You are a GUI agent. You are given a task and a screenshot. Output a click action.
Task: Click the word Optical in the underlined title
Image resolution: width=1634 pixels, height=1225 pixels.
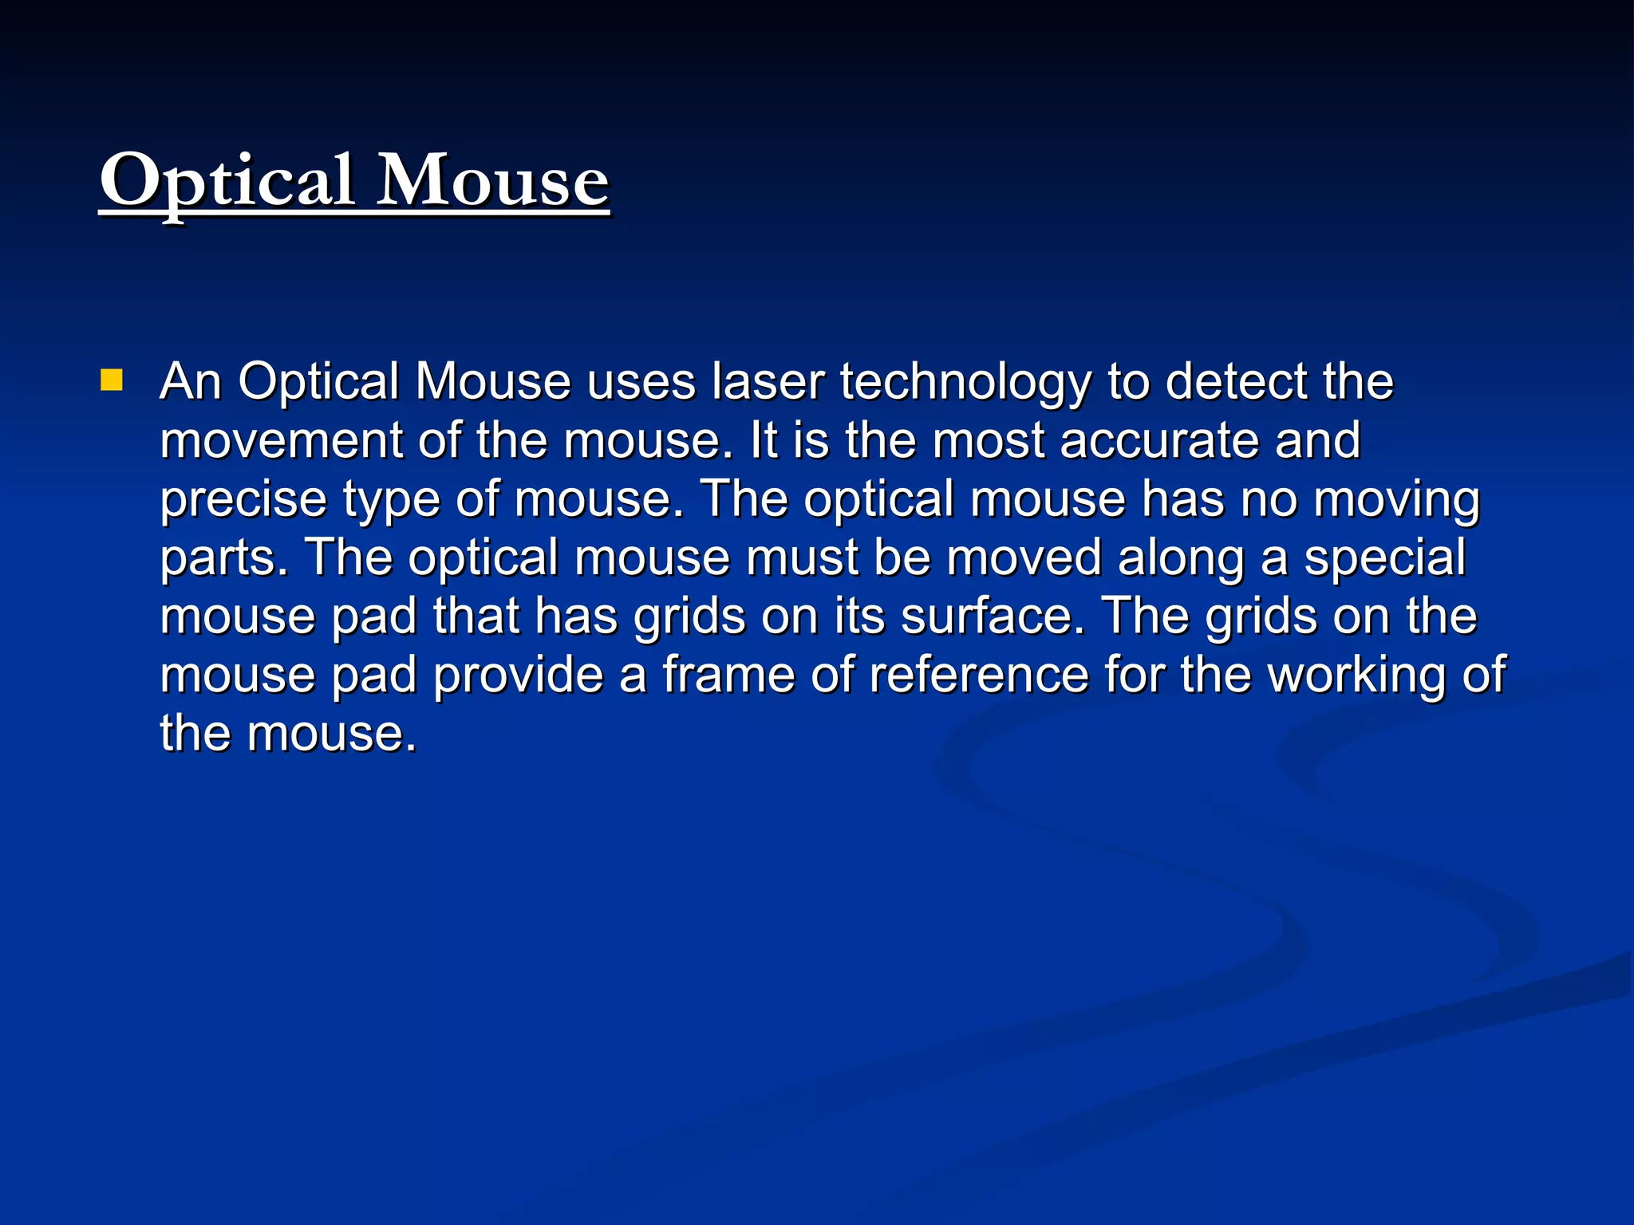click(227, 182)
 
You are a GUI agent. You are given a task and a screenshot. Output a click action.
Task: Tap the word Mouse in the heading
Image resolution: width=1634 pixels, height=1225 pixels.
click(492, 182)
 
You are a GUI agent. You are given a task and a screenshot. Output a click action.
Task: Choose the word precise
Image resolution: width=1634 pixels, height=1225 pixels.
click(243, 499)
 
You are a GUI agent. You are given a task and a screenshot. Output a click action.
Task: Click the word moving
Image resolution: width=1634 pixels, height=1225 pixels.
click(1396, 500)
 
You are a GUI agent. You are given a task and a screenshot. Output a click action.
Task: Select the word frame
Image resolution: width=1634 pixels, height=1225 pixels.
click(728, 675)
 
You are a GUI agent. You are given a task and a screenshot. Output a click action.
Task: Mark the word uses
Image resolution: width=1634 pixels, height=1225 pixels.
click(641, 382)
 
